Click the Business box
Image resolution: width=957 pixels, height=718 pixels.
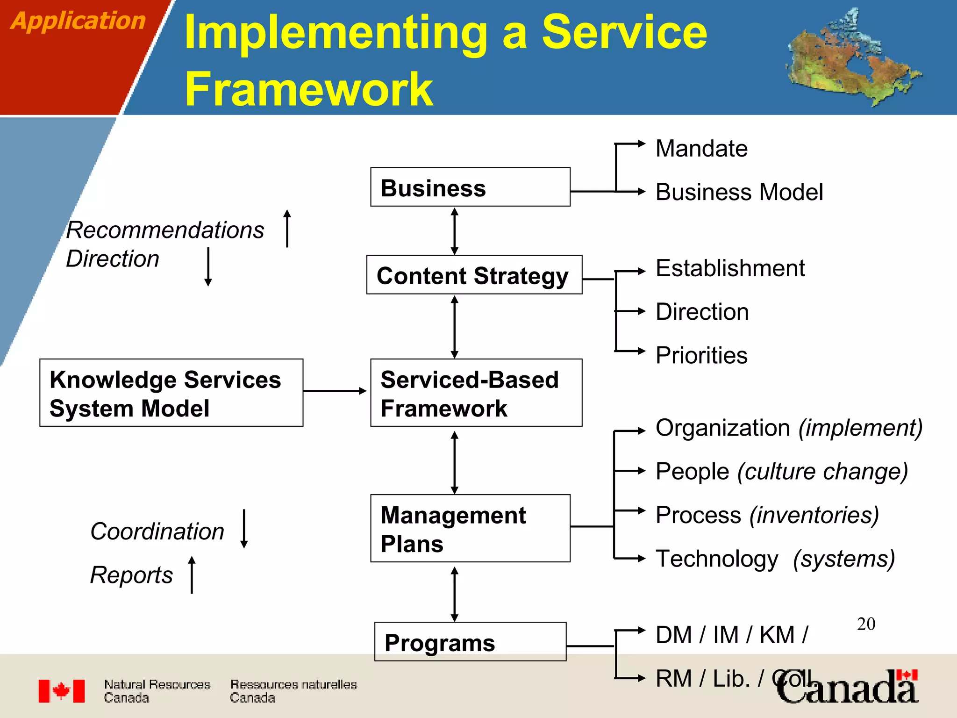tap(470, 187)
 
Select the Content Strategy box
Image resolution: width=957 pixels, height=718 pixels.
tap(474, 275)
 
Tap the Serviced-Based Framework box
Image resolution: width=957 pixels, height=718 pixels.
tap(476, 393)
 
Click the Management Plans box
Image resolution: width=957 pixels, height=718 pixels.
tap(470, 528)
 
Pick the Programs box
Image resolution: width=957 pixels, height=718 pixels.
tap(470, 642)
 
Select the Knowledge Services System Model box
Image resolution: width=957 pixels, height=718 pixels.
tap(171, 393)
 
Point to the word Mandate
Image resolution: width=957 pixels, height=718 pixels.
tap(701, 149)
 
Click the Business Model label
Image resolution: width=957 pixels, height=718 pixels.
tap(739, 192)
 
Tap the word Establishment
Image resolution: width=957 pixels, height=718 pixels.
tap(730, 268)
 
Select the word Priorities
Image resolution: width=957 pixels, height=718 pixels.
tap(701, 355)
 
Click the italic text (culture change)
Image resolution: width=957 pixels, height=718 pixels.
tap(822, 471)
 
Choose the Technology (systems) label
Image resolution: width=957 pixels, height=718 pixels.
tap(775, 559)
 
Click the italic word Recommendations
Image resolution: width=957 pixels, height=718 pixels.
tap(165, 230)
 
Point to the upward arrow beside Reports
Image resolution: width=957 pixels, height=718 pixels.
tap(192, 574)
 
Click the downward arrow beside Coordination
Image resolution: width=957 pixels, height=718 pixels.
tap(244, 529)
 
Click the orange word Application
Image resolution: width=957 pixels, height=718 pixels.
tap(78, 21)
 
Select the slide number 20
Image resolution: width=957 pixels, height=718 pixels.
tap(866, 624)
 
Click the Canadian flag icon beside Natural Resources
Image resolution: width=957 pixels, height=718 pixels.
tap(62, 691)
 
